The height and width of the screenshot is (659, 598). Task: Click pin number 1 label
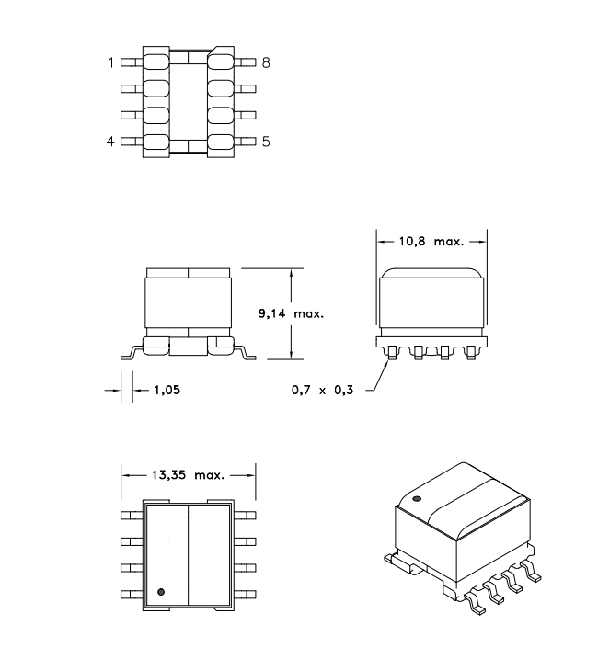click(111, 62)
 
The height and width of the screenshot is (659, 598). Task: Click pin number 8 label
click(266, 62)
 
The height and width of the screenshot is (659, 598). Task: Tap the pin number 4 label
click(110, 142)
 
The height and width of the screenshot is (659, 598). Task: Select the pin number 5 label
click(266, 142)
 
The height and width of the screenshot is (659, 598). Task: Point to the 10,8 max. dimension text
click(431, 242)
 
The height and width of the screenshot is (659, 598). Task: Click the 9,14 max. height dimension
click(292, 313)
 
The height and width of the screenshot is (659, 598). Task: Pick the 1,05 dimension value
click(167, 390)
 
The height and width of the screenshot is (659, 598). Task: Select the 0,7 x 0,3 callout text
click(322, 390)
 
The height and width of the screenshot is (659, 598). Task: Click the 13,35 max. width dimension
click(188, 475)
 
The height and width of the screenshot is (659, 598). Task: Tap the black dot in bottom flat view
click(161, 592)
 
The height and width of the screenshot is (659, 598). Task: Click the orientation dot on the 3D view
click(417, 499)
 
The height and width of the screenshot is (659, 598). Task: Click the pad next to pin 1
click(156, 62)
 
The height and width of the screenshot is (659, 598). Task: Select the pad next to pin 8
click(221, 62)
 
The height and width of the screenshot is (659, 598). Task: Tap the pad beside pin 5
click(221, 142)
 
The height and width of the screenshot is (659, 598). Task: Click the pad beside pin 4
click(156, 142)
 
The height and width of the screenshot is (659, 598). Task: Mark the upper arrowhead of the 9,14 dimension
click(292, 272)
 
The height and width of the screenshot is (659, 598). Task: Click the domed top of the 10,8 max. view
click(431, 273)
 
